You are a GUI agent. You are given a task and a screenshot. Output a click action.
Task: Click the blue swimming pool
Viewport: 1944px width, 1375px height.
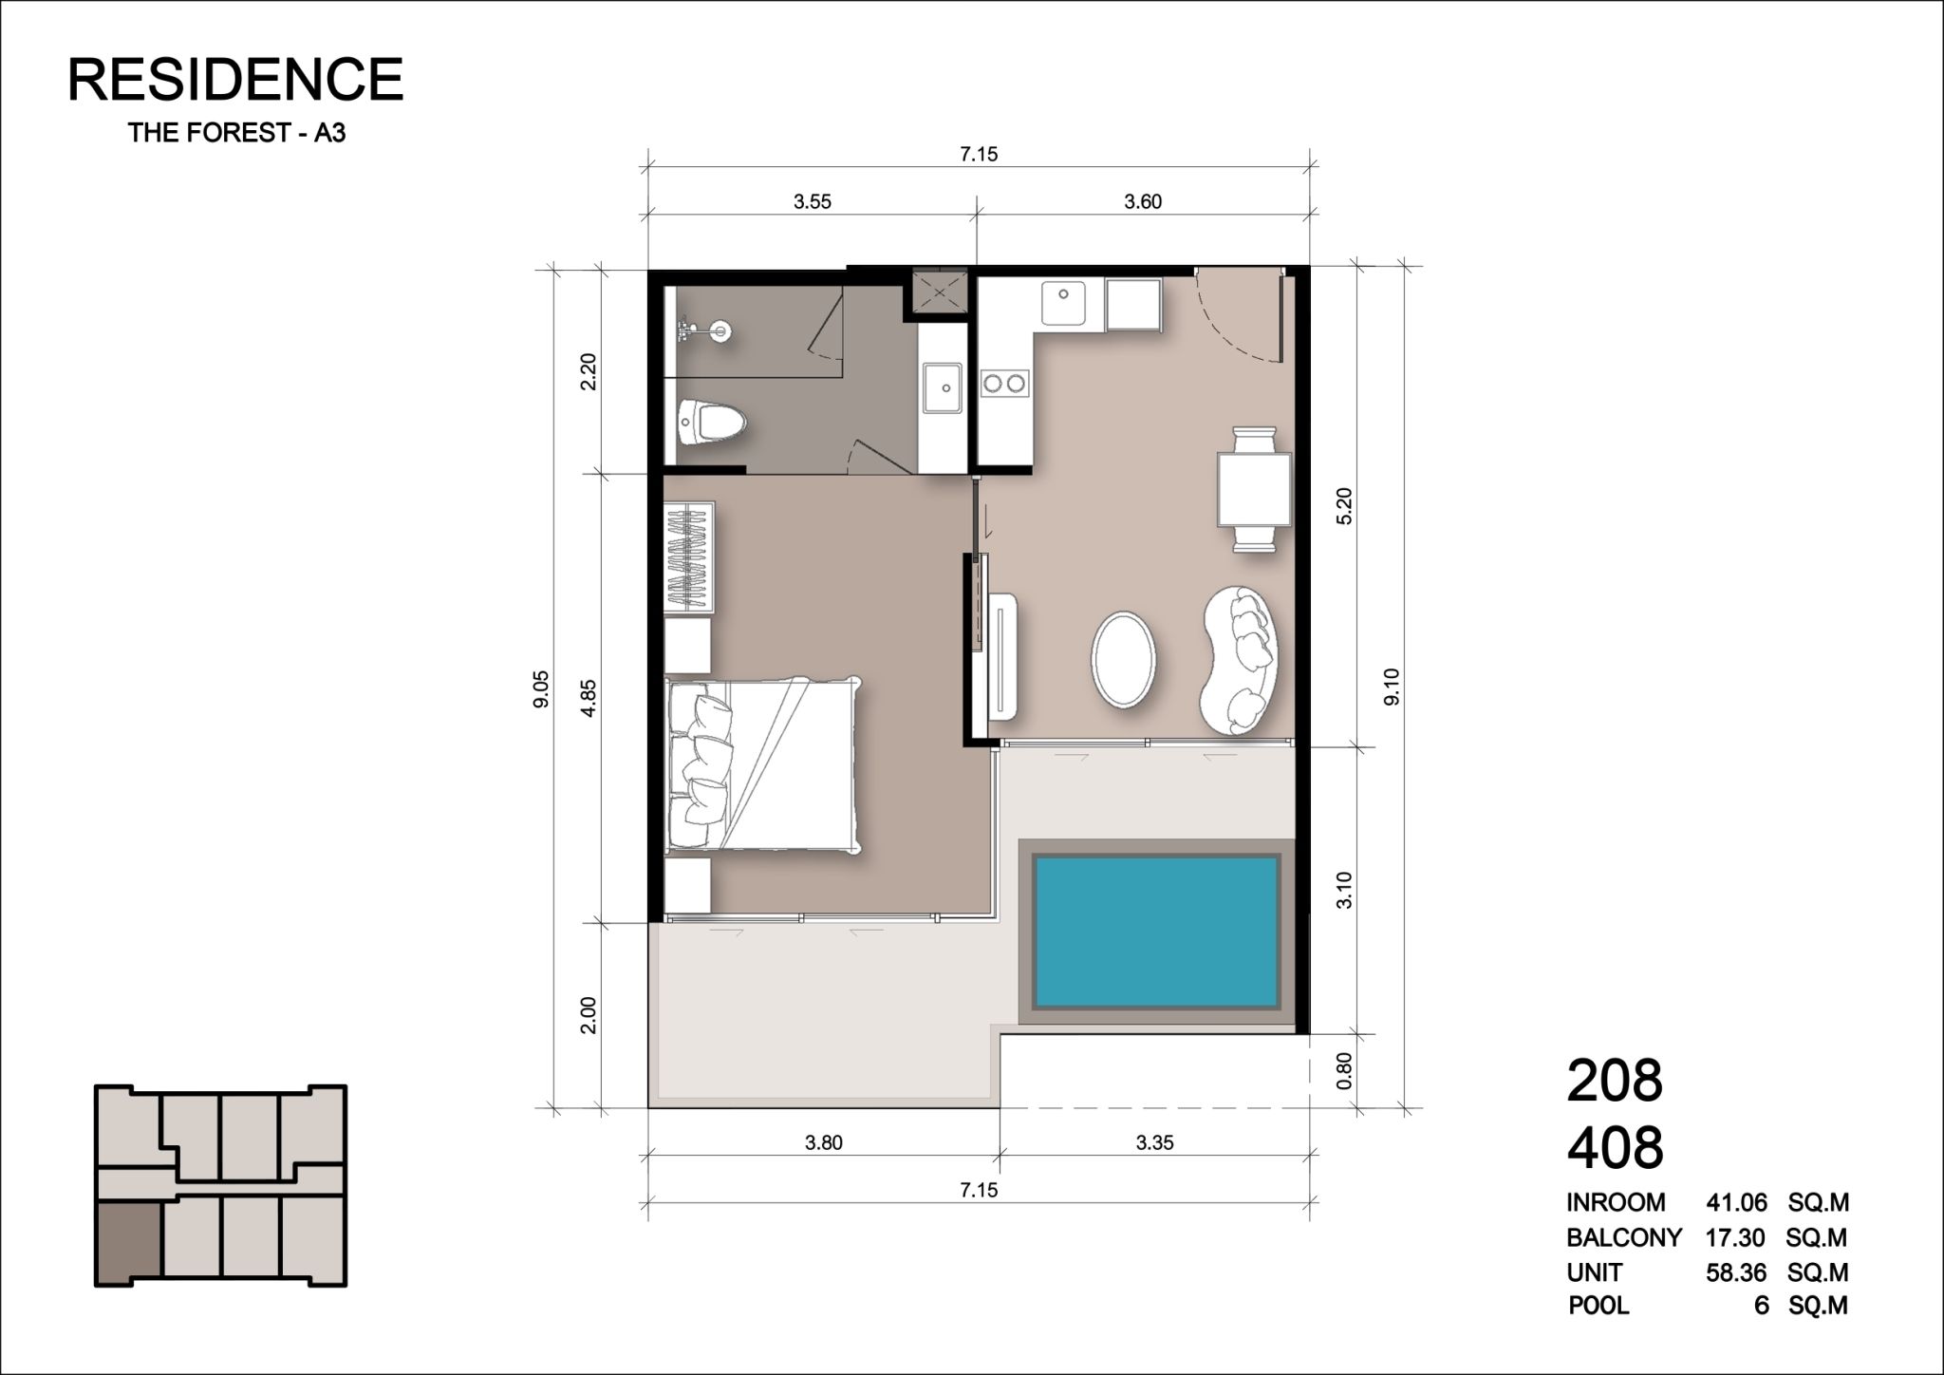click(x=1156, y=932)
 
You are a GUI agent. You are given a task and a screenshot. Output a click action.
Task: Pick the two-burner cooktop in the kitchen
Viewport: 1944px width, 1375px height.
click(x=1004, y=384)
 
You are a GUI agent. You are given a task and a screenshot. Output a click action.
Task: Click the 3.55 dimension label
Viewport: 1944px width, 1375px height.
click(x=813, y=201)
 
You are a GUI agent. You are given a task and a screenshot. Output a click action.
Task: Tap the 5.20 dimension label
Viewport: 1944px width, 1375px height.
click(x=1343, y=505)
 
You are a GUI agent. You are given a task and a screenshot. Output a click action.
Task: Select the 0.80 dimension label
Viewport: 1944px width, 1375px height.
click(x=1343, y=1071)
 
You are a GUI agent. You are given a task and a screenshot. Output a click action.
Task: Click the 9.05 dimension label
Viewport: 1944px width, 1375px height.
click(x=541, y=688)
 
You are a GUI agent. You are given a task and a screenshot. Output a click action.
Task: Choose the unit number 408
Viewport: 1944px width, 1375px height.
click(x=1615, y=1147)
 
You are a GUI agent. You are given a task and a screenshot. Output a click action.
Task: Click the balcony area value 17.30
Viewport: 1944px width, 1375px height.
click(x=1735, y=1237)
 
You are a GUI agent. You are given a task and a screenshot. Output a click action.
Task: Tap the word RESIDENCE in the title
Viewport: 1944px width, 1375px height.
click(x=235, y=79)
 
